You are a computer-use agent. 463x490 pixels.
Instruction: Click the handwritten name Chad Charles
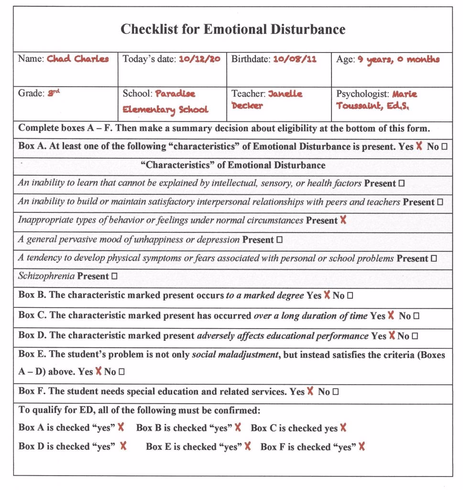77,59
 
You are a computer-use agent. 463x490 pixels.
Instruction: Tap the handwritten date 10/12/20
200,59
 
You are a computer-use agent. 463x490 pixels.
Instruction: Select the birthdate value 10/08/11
295,59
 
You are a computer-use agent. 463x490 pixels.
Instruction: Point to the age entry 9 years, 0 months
398,60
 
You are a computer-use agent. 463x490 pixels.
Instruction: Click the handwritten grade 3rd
53,93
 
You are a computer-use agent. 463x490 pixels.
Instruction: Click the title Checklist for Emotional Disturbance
232,30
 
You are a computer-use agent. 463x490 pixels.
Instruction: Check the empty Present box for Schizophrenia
114,277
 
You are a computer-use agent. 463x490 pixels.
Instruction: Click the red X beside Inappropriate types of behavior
342,221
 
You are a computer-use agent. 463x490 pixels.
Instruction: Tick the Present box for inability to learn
402,184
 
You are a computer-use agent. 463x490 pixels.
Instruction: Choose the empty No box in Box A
444,147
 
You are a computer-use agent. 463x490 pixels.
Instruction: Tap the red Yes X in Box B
327,295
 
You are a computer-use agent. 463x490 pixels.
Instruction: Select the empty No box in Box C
416,316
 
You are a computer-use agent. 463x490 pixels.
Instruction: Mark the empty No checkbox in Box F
335,392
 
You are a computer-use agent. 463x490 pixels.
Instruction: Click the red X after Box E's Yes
98,371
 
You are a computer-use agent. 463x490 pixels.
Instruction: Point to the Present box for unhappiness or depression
279,240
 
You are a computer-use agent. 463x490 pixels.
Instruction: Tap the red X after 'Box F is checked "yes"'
362,446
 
